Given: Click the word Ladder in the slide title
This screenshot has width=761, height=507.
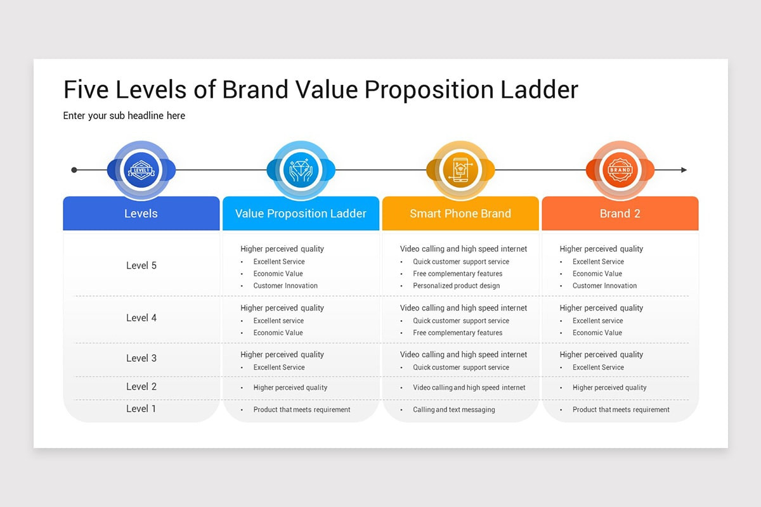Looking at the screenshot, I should pos(539,90).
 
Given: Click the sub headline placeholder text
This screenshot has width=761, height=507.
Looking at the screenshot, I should pos(124,115).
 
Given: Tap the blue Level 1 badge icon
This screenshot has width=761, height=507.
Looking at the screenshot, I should pos(141,170).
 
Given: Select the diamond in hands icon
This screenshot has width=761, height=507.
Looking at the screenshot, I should pos(301,170).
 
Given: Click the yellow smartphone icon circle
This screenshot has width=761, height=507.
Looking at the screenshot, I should pos(460,170).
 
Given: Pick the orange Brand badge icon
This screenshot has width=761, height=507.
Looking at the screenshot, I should pos(620,170).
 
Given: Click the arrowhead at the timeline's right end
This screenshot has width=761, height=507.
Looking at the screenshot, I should pos(684,170).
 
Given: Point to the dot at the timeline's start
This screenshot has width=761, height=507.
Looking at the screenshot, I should pos(74,170).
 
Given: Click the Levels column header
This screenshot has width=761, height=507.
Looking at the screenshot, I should pos(141,214).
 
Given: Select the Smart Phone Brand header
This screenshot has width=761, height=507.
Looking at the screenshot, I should pos(460,214).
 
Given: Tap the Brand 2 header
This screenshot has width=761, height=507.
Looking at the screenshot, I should pos(620,214).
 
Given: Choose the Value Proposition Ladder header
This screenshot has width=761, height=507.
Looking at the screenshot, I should pos(301,214).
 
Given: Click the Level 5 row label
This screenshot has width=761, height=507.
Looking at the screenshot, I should pos(141,266).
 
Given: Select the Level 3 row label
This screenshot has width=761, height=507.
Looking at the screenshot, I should pos(141,358).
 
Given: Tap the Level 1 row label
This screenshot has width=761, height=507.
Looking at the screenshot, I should pos(141,409).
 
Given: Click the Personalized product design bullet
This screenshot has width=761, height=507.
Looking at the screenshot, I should pos(456,286).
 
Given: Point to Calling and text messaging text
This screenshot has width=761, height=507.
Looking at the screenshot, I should pos(453,410).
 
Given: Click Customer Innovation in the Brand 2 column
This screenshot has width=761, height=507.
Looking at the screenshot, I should pos(604,286).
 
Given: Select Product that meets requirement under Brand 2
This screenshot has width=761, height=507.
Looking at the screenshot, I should pos(620,410).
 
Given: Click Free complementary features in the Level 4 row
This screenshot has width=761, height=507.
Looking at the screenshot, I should pos(457,333).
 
